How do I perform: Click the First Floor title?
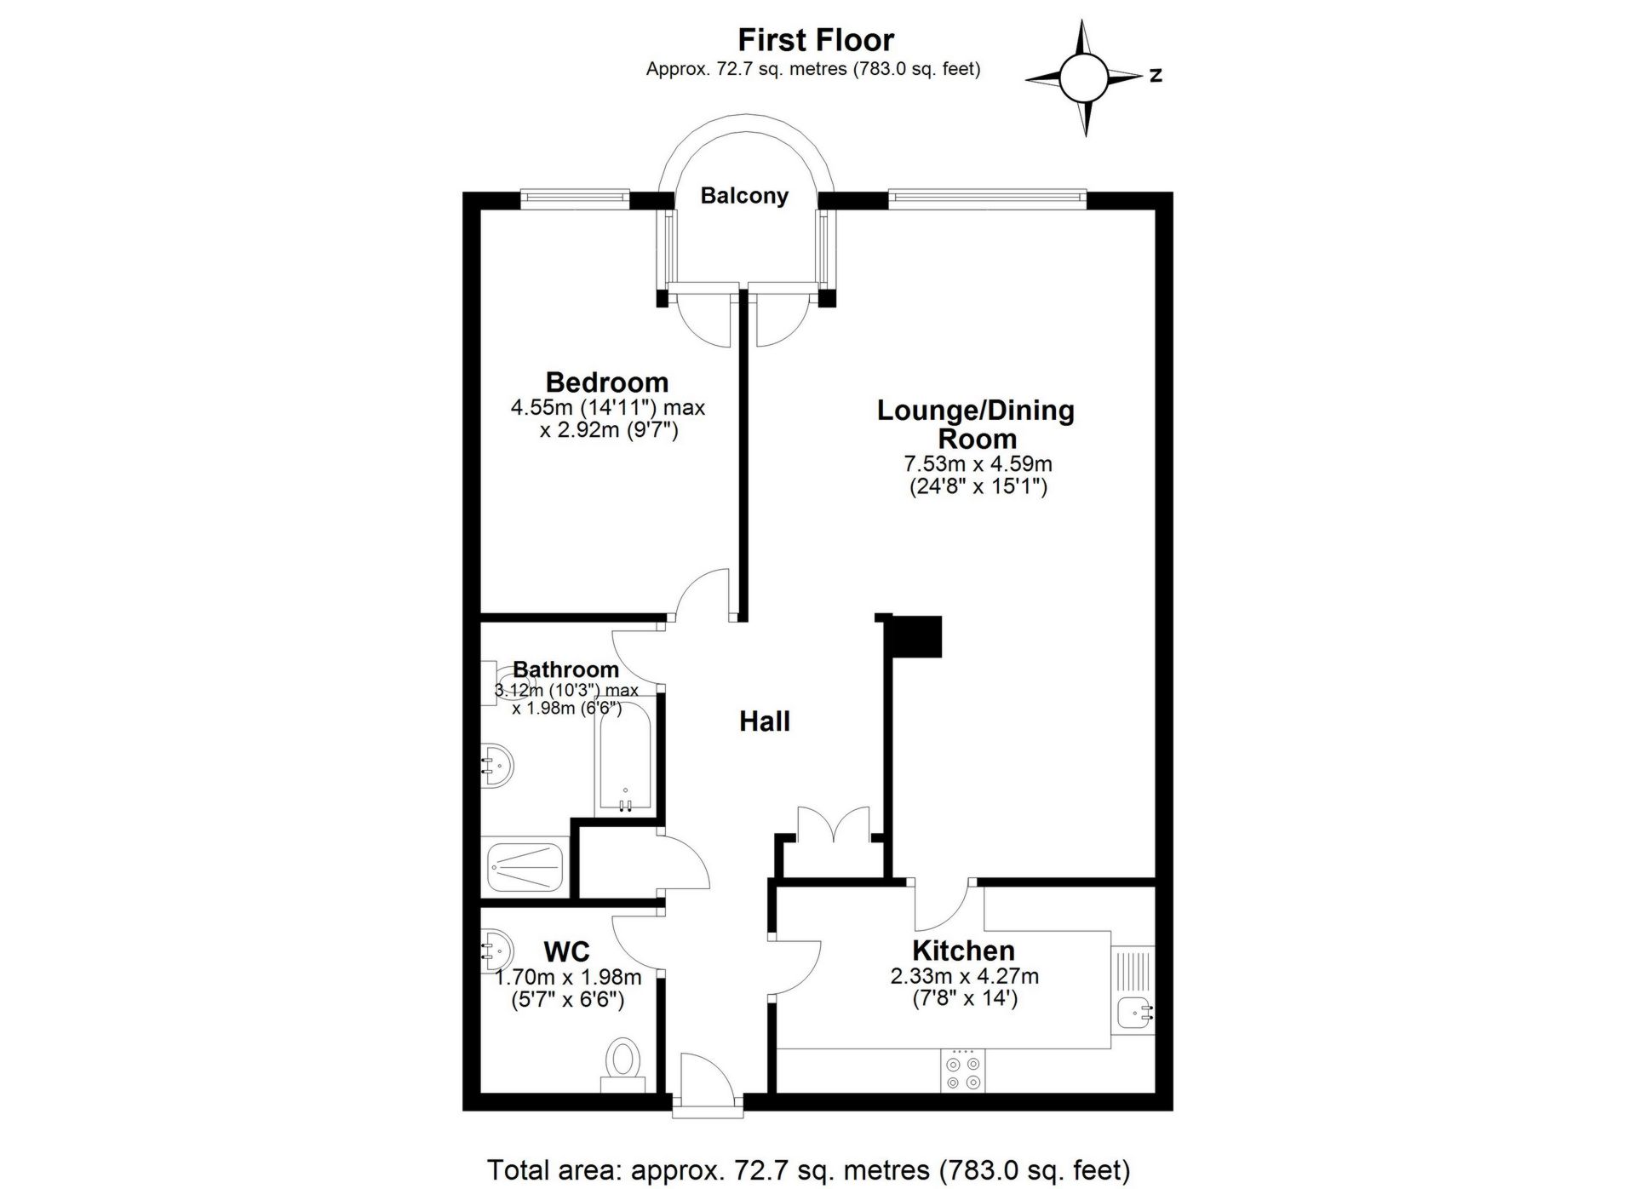coord(815,40)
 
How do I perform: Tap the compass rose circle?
coord(1083,78)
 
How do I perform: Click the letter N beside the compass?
coord(1156,76)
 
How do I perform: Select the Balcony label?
coord(743,196)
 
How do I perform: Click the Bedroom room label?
coord(606,382)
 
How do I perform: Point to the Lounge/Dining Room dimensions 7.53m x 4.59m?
coord(977,464)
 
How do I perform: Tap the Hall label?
coord(764,721)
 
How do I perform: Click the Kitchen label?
coord(963,950)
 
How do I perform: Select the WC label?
coord(566,951)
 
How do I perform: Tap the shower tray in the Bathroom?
coord(525,867)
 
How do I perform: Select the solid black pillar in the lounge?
coord(914,635)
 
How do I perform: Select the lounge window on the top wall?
coord(988,199)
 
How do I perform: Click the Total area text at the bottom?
coord(808,1169)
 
